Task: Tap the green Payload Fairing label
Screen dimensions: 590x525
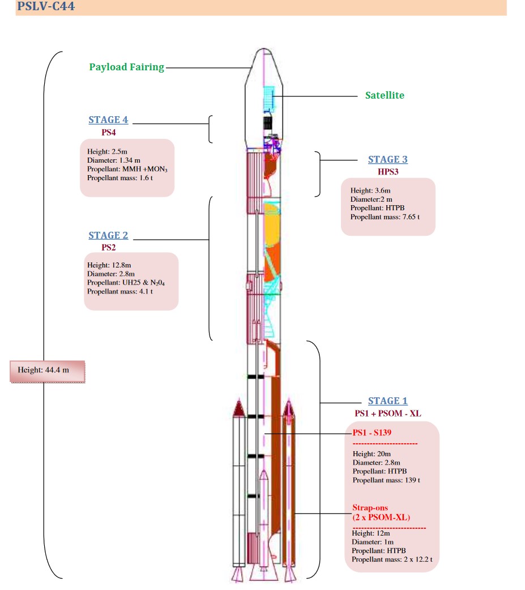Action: [126, 67]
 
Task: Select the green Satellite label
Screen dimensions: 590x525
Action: [385, 95]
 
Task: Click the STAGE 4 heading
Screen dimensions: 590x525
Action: [108, 120]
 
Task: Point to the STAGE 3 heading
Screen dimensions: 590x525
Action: [387, 159]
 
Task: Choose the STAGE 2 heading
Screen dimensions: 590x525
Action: [108, 235]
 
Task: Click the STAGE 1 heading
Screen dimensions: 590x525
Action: [387, 401]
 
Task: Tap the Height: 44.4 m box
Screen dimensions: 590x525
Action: [47, 371]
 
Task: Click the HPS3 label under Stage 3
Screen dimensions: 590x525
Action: [388, 171]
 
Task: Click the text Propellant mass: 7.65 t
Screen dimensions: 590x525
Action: [385, 217]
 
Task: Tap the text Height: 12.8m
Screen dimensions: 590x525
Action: [109, 265]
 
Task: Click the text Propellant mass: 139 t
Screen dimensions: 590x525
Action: [386, 480]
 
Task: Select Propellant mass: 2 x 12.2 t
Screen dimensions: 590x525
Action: [392, 559]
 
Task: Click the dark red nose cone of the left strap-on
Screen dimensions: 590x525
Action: [239, 408]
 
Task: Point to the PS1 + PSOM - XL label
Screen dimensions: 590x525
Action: [388, 413]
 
